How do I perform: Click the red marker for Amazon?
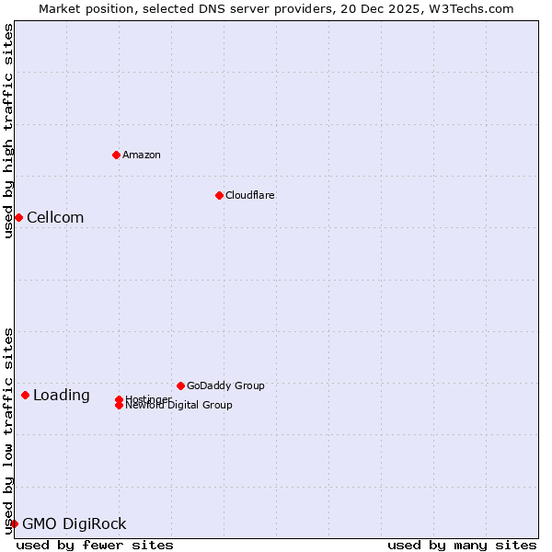116,155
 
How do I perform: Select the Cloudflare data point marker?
219,195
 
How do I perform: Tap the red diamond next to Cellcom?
18,217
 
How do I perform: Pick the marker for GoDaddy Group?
180,385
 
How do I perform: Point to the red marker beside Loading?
25,395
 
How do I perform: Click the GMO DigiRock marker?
14,523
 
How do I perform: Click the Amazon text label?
142,155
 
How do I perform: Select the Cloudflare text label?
249,195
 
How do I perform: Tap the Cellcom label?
55,218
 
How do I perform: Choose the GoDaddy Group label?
225,385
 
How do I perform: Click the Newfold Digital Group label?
179,406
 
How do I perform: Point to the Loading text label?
62,396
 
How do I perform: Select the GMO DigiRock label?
75,524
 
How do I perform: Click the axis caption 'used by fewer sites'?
95,545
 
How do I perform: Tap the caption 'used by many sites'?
462,545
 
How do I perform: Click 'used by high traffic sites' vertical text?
8,131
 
